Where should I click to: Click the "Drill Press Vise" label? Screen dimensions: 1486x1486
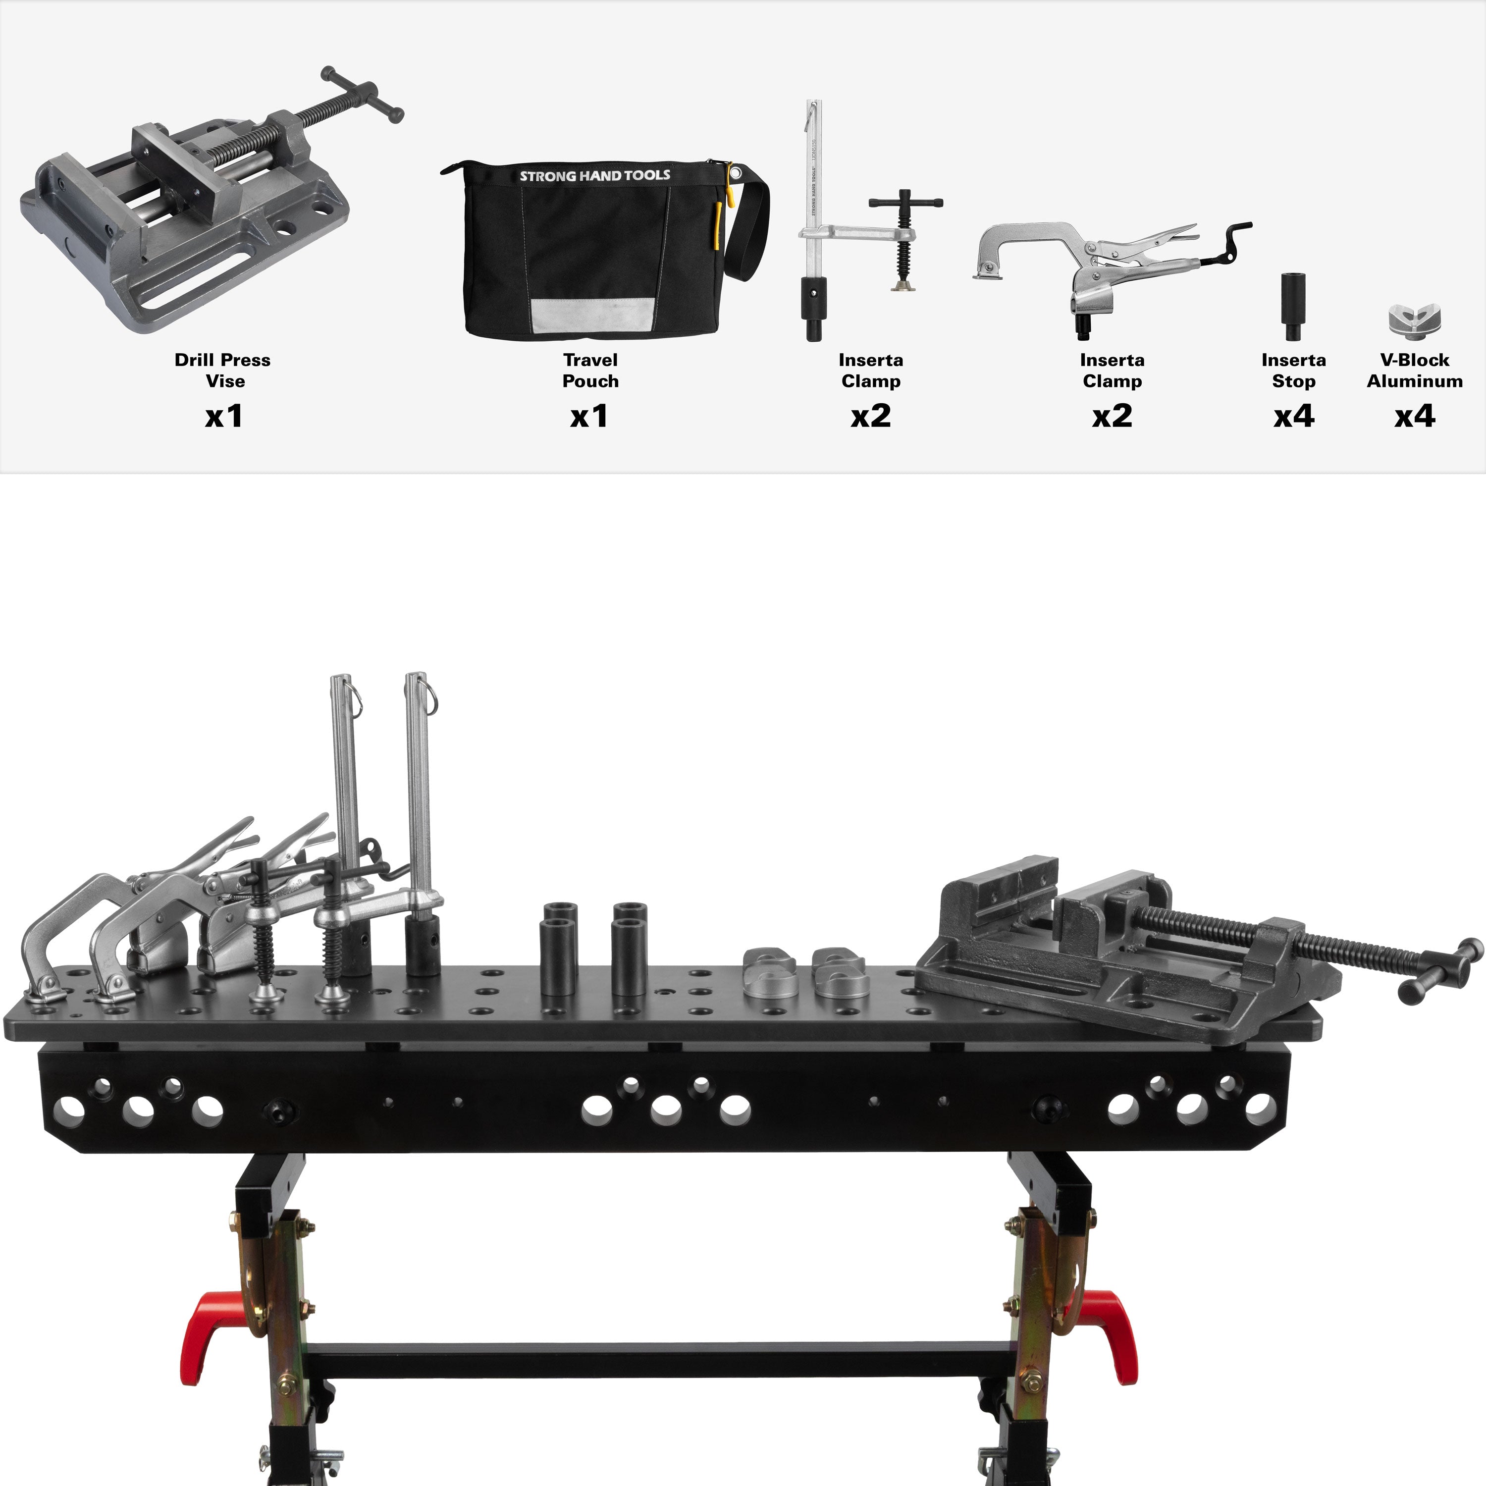click(223, 370)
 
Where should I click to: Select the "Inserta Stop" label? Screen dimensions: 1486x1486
click(1294, 370)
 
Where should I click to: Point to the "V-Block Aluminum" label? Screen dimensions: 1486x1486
click(1415, 370)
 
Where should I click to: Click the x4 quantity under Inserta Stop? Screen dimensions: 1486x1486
click(1294, 416)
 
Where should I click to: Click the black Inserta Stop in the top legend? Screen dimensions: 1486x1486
click(1292, 306)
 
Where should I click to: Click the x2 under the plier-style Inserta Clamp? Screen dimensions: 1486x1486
click(1112, 416)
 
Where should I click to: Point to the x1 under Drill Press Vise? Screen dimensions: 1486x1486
click(224, 416)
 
